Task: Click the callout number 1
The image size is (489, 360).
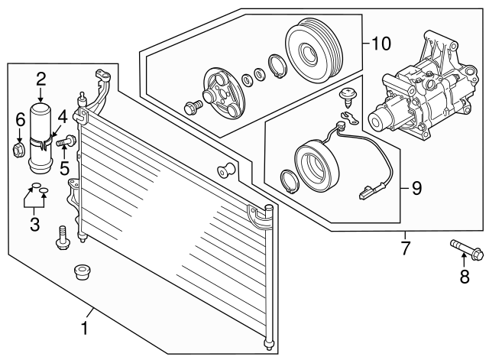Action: [85, 329]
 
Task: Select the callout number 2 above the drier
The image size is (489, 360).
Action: [40, 77]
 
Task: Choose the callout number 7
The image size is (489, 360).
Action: [406, 248]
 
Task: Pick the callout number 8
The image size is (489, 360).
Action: [463, 278]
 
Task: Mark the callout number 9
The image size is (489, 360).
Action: [416, 186]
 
